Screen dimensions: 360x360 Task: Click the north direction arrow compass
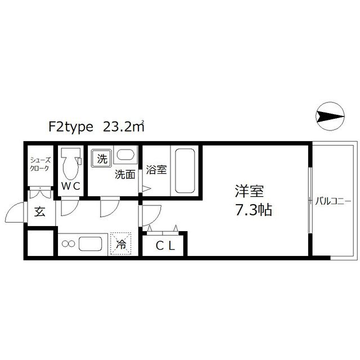pos(330,116)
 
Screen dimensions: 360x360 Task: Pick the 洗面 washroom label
pos(125,174)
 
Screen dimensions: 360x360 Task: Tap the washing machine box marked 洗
pos(102,159)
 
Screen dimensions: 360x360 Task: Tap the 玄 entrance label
pos(40,213)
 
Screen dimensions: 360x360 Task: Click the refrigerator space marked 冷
pos(121,243)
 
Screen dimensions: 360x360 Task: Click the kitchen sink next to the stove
pos(90,244)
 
